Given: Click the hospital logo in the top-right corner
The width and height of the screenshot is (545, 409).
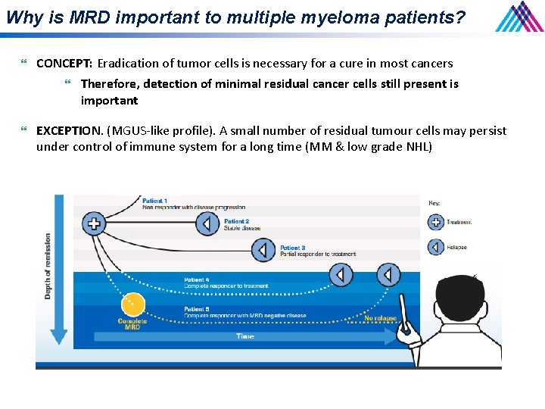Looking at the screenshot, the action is (x=519, y=17).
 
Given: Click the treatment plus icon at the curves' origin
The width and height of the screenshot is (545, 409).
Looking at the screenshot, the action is (x=94, y=223).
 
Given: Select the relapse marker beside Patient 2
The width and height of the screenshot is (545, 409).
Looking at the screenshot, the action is (x=207, y=223).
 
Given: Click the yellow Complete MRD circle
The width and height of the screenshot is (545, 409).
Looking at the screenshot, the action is (x=132, y=304).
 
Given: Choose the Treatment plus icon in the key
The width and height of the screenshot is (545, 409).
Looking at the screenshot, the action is (x=436, y=222).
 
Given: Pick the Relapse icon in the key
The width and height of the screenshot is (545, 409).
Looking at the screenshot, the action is (x=436, y=247).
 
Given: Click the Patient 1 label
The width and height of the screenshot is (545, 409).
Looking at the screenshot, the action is (x=155, y=201).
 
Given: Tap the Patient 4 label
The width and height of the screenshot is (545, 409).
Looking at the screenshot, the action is (x=197, y=280).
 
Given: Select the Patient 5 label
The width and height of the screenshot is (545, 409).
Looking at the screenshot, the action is (x=197, y=309).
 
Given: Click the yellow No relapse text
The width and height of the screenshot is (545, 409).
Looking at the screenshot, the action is (x=379, y=318).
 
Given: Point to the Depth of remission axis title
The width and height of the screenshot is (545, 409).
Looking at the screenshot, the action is (x=48, y=265).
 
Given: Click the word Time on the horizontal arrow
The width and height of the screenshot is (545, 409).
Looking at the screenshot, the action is (x=245, y=336).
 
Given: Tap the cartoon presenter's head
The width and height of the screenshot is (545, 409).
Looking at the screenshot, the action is (x=463, y=302).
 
